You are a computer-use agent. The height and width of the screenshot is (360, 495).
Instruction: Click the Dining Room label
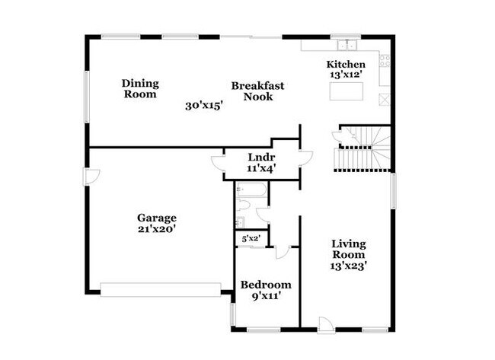click(139, 89)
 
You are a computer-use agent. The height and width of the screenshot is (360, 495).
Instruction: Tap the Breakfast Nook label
click(257, 91)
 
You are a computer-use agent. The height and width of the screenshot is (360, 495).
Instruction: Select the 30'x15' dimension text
click(203, 106)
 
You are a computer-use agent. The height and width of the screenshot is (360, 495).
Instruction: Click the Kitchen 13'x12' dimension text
click(346, 75)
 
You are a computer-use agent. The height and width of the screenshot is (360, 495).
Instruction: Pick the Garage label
click(157, 216)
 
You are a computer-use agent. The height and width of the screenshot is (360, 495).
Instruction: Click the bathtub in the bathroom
click(250, 189)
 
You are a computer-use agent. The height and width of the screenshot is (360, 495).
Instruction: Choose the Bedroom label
click(266, 284)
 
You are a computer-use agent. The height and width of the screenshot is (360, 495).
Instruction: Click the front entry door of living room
click(326, 324)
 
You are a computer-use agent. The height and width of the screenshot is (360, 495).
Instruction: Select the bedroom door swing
click(283, 252)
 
